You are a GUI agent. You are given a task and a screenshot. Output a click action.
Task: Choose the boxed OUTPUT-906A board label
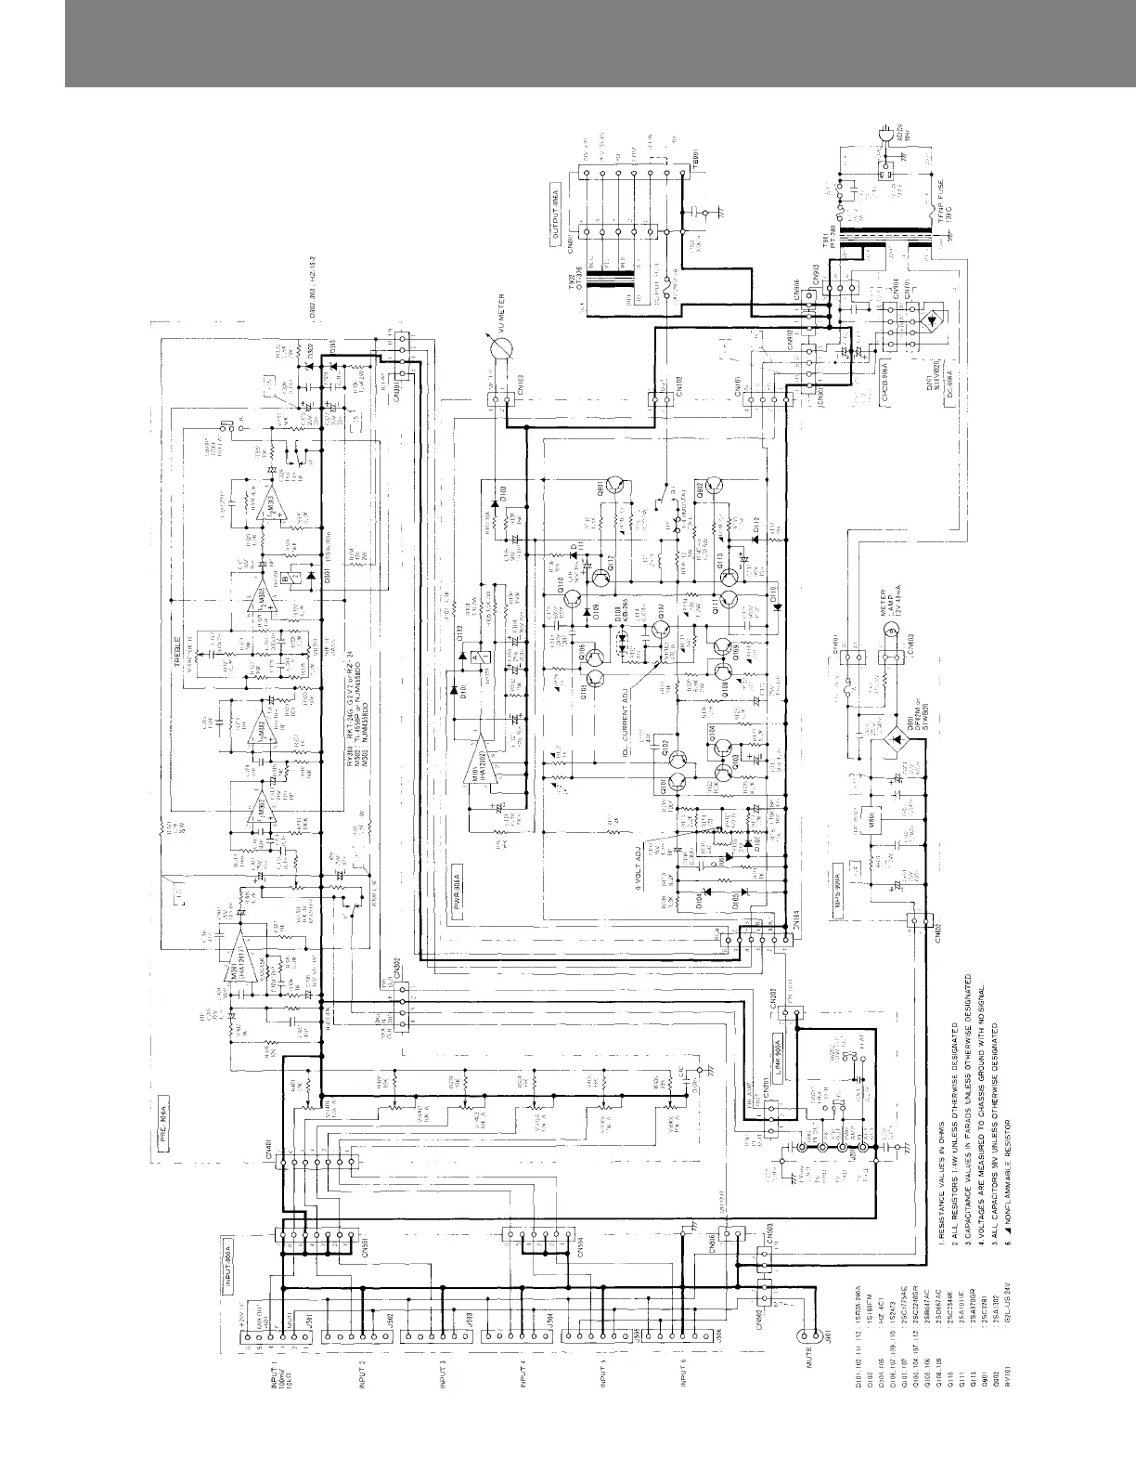554,216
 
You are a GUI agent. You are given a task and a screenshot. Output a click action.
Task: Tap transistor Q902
713,489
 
